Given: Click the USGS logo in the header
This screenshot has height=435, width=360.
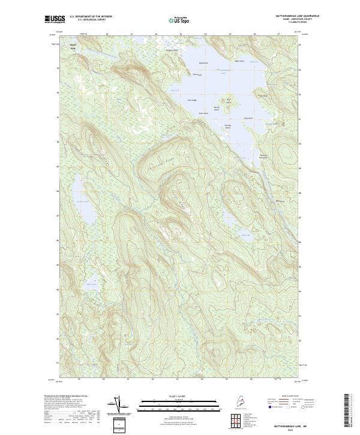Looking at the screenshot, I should [x=53, y=19].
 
